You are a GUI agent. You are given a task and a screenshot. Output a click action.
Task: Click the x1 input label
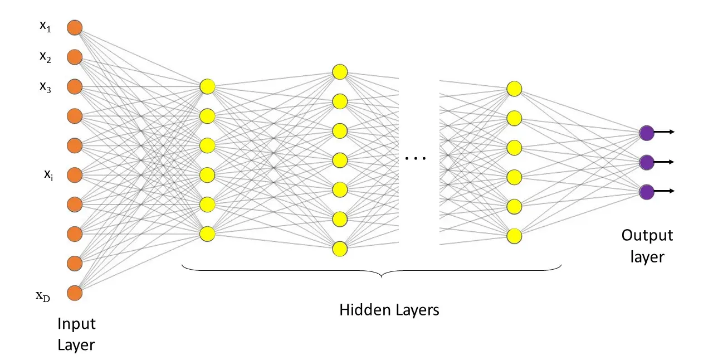point(45,27)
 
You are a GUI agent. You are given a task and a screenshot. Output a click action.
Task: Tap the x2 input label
point(45,57)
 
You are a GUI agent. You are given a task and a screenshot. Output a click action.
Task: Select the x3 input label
point(45,86)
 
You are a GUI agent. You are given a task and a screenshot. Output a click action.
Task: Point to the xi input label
point(48,174)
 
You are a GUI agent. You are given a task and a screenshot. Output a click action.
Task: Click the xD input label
point(43,296)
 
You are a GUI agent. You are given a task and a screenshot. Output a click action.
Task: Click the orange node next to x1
point(75,27)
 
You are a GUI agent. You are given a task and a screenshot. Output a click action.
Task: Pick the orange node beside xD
point(75,293)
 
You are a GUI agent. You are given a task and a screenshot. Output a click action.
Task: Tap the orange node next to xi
point(75,175)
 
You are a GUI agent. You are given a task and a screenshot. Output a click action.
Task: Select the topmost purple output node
point(647,133)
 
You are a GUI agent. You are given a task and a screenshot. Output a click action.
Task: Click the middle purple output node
point(647,162)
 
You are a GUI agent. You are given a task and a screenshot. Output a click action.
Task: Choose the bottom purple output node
point(647,192)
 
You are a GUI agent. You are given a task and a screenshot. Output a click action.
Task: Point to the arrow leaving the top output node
point(665,132)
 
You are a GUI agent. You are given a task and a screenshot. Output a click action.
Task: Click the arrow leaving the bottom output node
point(665,191)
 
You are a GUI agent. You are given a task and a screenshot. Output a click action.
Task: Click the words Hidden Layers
point(389,310)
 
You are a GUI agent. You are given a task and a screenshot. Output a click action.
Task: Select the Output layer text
point(647,245)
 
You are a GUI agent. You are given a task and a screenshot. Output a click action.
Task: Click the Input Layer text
point(76,334)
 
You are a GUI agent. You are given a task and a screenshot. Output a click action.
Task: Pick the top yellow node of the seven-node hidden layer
point(340,72)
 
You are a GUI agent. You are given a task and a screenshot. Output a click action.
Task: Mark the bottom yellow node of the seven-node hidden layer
point(340,249)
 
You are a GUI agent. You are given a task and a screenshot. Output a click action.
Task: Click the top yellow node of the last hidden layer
point(514,89)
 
